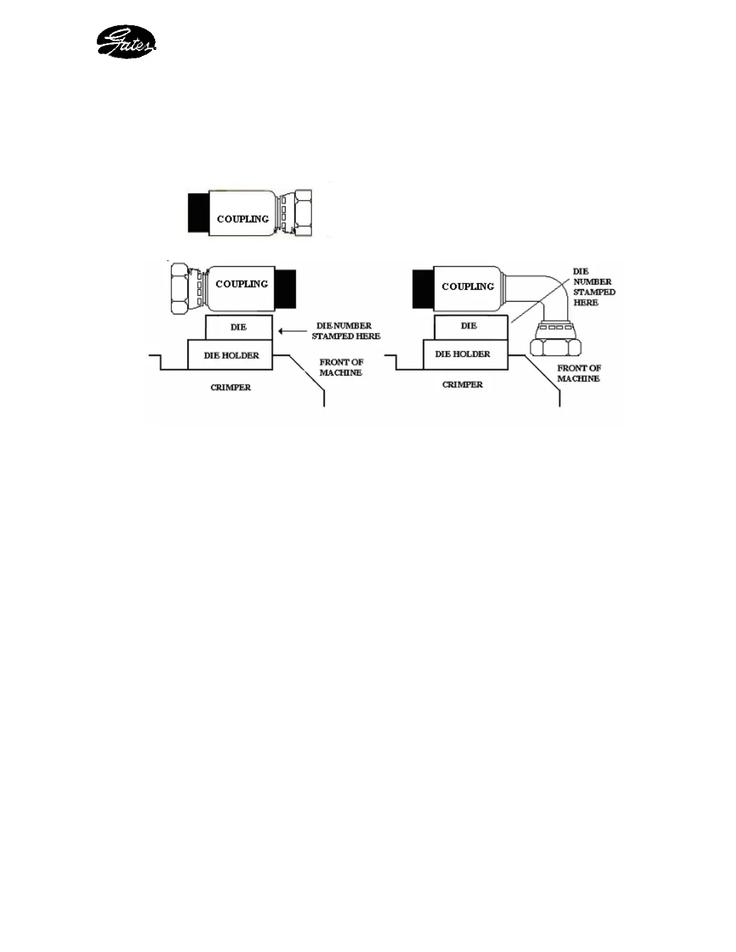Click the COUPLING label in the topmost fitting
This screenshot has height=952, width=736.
[242, 219]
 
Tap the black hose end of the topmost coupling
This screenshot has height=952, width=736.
[198, 213]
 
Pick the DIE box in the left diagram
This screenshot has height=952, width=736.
[239, 327]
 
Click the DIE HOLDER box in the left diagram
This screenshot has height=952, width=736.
[231, 355]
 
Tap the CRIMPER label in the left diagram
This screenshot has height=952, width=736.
[231, 388]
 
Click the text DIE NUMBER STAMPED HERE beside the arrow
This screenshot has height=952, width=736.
[346, 331]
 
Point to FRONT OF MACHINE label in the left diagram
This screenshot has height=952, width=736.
[341, 367]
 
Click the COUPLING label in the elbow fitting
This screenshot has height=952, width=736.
[468, 287]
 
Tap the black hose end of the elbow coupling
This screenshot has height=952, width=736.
[423, 287]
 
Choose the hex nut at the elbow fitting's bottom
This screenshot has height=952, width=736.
[556, 347]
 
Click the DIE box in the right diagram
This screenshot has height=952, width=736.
[469, 326]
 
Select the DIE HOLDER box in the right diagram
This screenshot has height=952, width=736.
[462, 354]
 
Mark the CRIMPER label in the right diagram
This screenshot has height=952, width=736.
[462, 385]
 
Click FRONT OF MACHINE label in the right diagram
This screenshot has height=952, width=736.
[578, 373]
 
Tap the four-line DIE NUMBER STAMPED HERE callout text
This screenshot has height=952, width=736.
[593, 287]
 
